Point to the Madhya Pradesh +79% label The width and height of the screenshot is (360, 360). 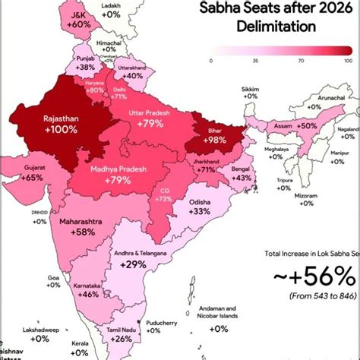118,175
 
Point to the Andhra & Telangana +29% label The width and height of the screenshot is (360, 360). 134,259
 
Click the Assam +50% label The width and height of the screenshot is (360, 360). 298,125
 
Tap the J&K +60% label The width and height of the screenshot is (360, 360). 78,20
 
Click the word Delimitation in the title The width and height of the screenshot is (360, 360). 265,27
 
